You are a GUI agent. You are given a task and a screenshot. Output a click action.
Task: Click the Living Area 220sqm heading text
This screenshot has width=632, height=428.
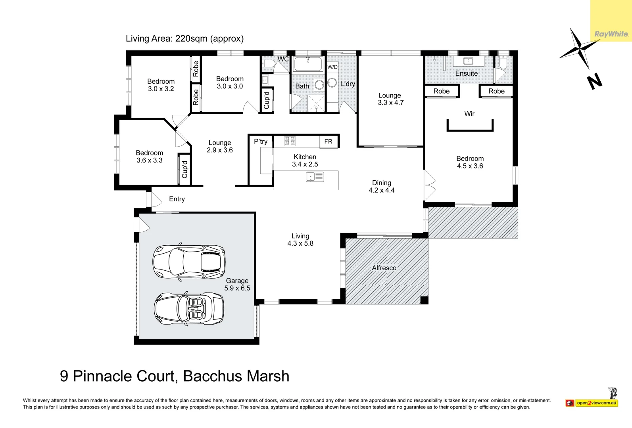pos(184,38)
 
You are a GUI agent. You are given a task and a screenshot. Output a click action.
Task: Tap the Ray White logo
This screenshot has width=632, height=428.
pos(611,34)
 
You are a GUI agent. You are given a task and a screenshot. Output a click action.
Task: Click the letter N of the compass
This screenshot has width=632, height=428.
pos(594,82)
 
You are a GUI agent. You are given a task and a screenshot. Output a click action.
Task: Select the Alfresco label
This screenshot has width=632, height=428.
pos(384,268)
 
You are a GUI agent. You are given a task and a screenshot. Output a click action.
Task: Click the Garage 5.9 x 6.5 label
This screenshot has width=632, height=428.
pos(237,285)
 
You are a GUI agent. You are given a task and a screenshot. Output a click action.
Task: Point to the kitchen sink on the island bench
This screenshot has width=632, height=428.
pos(315,177)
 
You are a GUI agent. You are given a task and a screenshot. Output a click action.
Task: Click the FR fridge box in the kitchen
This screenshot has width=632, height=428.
pos(328,141)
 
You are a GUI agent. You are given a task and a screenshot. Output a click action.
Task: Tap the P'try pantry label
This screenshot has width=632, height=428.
pos(261,141)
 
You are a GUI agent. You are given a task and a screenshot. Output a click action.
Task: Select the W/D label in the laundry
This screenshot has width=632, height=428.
pos(332,67)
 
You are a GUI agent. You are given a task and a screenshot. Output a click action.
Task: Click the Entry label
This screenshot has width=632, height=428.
pos(177,199)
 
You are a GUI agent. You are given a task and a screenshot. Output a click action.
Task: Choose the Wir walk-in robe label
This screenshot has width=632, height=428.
pos(469,114)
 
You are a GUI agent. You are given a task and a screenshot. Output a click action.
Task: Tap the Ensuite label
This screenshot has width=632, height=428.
pos(467,73)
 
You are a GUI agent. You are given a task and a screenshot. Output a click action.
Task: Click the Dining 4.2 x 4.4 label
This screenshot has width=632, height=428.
pos(382,186)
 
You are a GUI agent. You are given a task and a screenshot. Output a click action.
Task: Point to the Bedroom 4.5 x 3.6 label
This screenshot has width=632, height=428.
pos(470,162)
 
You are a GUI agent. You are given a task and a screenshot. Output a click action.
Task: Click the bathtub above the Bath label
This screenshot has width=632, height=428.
pos(308,64)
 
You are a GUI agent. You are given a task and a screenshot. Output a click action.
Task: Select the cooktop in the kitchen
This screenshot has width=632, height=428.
pos(290,141)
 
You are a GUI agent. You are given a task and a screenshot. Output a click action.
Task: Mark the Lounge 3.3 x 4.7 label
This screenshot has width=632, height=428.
pos(390,99)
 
